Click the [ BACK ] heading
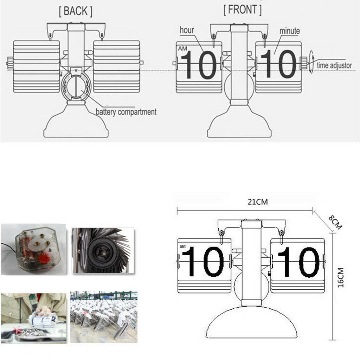click(x=76, y=11)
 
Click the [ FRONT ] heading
click(x=243, y=9)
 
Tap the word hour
click(x=187, y=30)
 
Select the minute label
click(x=290, y=31)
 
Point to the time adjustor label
click(x=334, y=65)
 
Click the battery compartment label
click(x=126, y=112)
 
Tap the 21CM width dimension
click(x=258, y=202)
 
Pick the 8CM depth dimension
click(x=335, y=222)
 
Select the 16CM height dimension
click(x=340, y=277)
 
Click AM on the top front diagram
click(x=183, y=49)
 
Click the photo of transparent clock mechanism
click(x=34, y=249)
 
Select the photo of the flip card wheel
click(x=103, y=250)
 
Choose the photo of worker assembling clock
click(x=34, y=318)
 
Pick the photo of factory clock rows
click(x=104, y=317)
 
